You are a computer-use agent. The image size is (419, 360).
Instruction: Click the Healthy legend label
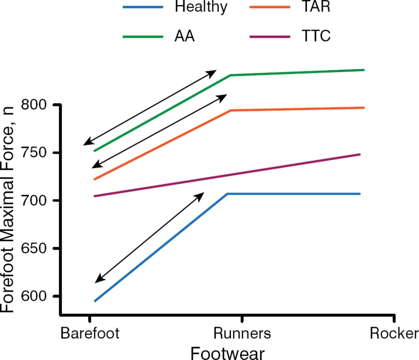click(x=201, y=7)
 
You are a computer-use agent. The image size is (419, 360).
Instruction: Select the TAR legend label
click(x=316, y=7)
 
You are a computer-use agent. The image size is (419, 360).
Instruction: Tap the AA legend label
click(x=184, y=36)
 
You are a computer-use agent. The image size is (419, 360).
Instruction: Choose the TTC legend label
click(x=316, y=36)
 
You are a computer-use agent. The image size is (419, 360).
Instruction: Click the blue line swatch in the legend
click(x=143, y=7)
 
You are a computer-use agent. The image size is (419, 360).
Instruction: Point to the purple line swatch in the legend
click(x=269, y=37)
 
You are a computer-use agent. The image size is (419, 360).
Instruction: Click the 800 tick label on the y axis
click(x=34, y=105)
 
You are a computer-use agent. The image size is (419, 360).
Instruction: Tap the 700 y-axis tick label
click(x=34, y=200)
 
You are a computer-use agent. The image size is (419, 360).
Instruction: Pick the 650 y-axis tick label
click(x=34, y=248)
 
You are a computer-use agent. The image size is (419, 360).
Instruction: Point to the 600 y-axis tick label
click(x=34, y=296)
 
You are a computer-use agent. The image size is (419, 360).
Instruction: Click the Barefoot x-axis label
click(x=90, y=333)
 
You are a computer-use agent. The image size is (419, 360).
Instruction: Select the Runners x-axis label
click(x=242, y=333)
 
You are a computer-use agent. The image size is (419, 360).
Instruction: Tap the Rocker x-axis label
click(x=394, y=333)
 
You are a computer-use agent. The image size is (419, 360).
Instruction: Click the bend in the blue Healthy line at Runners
click(x=228, y=194)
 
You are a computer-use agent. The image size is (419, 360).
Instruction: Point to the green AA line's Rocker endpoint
click(x=364, y=70)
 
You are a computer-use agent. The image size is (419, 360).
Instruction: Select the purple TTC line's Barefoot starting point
click(x=95, y=196)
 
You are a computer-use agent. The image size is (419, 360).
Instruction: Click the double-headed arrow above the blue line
click(x=149, y=238)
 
